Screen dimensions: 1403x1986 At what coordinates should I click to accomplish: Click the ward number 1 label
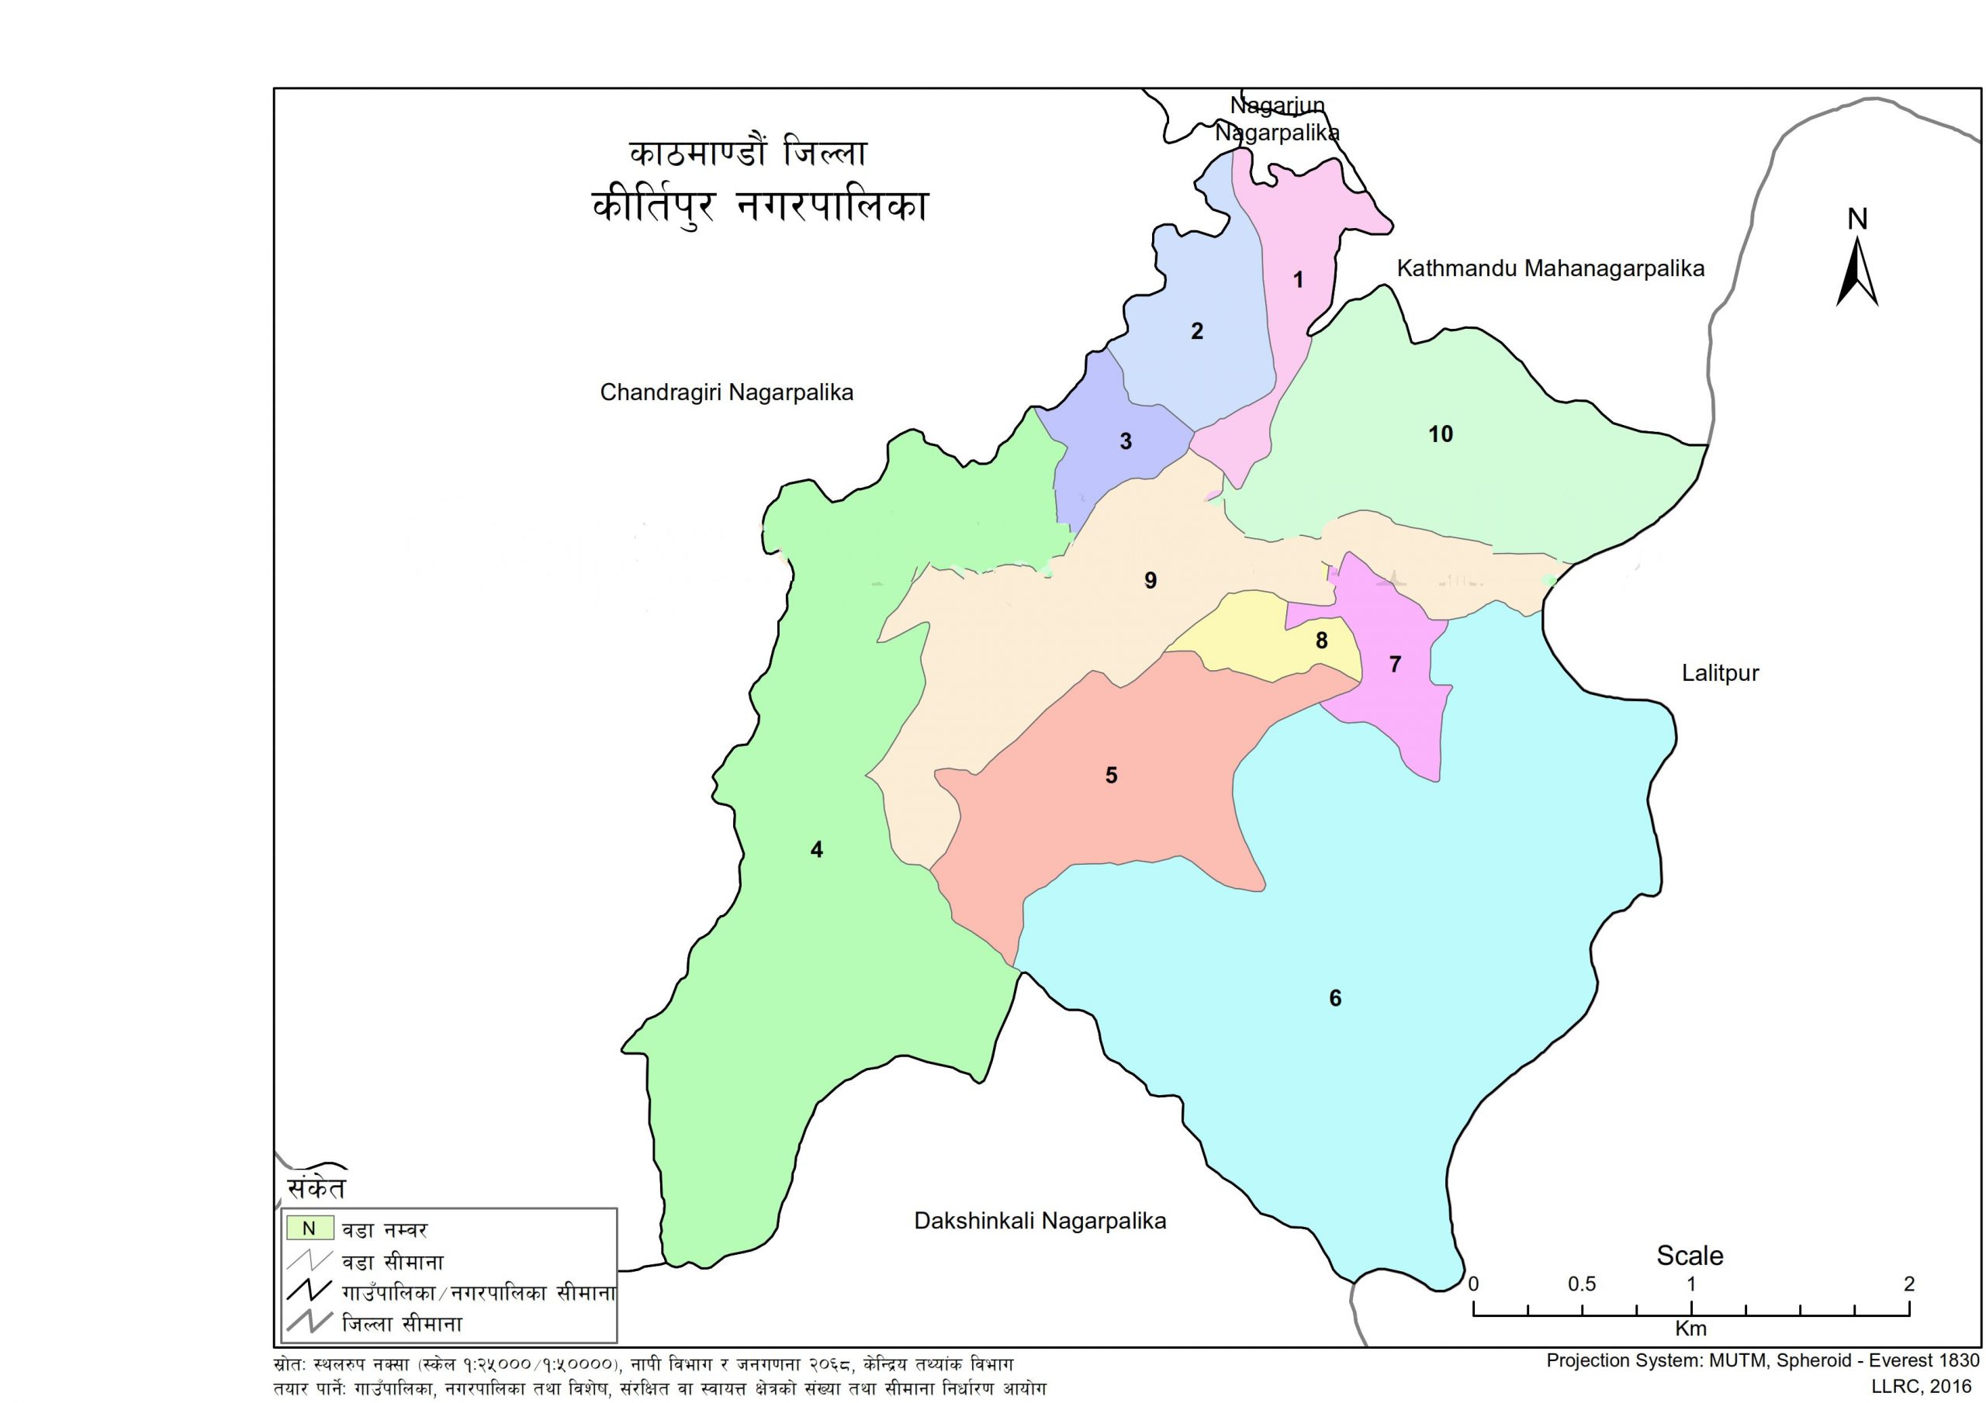1297,279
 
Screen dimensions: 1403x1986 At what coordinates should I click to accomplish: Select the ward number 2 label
1197,330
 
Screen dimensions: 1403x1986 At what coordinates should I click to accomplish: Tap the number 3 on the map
1126,441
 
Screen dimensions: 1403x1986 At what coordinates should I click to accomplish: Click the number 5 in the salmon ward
1112,775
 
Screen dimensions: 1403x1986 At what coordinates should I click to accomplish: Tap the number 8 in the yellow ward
1322,640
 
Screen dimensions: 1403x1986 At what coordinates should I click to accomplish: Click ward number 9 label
1150,580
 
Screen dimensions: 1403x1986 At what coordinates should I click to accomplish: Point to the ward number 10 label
1440,434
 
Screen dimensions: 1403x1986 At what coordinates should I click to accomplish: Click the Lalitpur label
1720,673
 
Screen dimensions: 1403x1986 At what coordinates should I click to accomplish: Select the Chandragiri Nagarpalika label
727,392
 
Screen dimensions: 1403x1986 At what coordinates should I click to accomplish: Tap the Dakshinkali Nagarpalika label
1040,1221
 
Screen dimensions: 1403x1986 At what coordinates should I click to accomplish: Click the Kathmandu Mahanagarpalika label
1550,268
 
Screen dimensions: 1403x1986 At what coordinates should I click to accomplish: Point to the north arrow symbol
1857,268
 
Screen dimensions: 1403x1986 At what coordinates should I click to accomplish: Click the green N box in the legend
309,1228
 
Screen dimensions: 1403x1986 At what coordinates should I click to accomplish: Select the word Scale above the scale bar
1690,1255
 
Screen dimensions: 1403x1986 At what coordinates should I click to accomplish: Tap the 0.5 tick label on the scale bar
1581,1284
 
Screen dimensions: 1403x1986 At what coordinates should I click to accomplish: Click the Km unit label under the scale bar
1690,1329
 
